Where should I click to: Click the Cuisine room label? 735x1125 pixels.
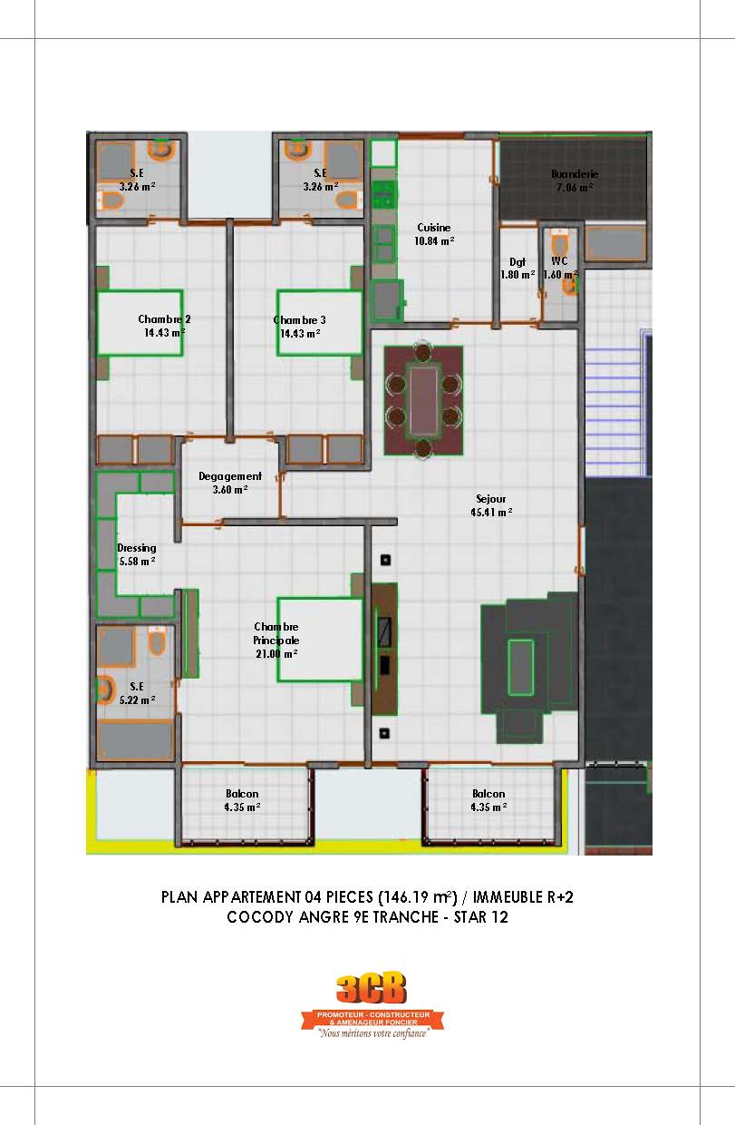tap(433, 228)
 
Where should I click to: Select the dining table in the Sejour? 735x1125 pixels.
tap(423, 399)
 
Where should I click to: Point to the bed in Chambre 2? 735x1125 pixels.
tap(140, 322)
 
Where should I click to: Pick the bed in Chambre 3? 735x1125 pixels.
tap(313, 323)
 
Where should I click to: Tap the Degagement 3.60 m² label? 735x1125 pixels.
tap(230, 483)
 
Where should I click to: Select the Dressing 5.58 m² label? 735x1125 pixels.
tap(137, 554)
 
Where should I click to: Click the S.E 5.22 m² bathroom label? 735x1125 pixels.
tap(137, 692)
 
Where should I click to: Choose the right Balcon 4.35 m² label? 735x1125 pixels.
tap(488, 800)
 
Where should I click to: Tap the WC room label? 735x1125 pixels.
tap(559, 261)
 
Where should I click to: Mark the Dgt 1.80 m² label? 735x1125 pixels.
tap(517, 268)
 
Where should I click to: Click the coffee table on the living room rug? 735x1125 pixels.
tap(520, 666)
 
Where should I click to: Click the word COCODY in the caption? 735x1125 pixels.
tap(258, 917)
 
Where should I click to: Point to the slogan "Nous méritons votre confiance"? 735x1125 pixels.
tap(372, 1032)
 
